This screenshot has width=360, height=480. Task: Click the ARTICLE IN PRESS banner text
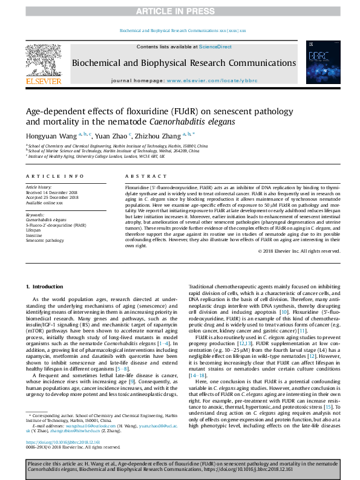(180, 11)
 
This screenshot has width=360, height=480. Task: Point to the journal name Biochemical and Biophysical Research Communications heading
(184, 63)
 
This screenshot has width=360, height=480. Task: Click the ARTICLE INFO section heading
(54, 175)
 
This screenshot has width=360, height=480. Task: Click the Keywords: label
(36, 215)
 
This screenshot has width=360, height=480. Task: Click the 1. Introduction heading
(47, 285)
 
